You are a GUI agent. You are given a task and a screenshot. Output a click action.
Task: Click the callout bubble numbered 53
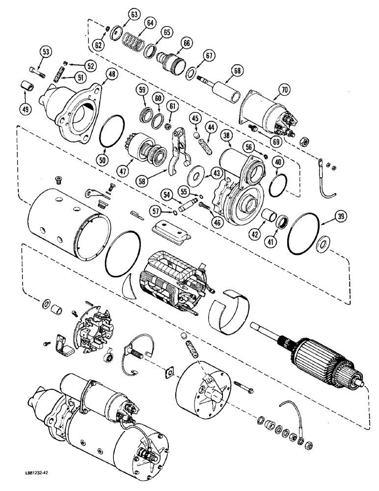coord(46,52)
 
